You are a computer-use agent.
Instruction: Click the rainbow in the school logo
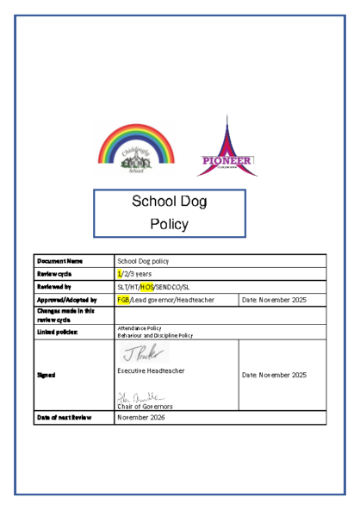[x=130, y=138]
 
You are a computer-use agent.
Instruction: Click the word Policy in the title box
[x=169, y=224]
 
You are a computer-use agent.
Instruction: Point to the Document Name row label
[x=59, y=260]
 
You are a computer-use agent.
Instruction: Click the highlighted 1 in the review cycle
[x=119, y=272]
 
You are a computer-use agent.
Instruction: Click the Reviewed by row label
[x=53, y=286]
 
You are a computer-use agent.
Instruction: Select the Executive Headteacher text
[x=151, y=370]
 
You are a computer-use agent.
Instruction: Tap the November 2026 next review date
[x=140, y=417]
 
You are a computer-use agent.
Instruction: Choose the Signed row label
[x=47, y=376]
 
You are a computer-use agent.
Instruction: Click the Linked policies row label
[x=54, y=330]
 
